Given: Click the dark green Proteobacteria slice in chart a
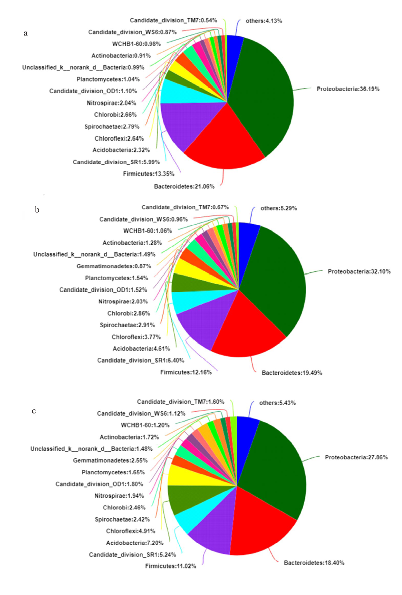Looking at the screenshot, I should [x=266, y=93].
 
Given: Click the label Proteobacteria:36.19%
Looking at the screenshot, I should [x=348, y=89].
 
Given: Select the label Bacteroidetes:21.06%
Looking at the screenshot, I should [x=184, y=187].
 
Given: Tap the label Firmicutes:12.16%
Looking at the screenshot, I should [x=186, y=373].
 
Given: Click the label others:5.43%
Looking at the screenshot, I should [x=277, y=403].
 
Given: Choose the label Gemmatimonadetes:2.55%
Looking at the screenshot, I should [x=110, y=460].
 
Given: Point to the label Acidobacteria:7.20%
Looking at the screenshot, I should [x=135, y=543].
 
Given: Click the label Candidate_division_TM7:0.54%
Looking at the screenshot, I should [x=173, y=20].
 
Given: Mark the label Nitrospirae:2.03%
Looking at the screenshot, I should [x=123, y=301].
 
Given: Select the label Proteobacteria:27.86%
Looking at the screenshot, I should [x=356, y=457].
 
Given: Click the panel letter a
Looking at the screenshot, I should [x=25, y=33].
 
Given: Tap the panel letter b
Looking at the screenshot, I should [x=37, y=210].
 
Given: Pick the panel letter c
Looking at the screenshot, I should [x=34, y=411].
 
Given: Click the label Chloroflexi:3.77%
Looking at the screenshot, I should [x=136, y=337].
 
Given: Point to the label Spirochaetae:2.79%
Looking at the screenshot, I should [x=112, y=127].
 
